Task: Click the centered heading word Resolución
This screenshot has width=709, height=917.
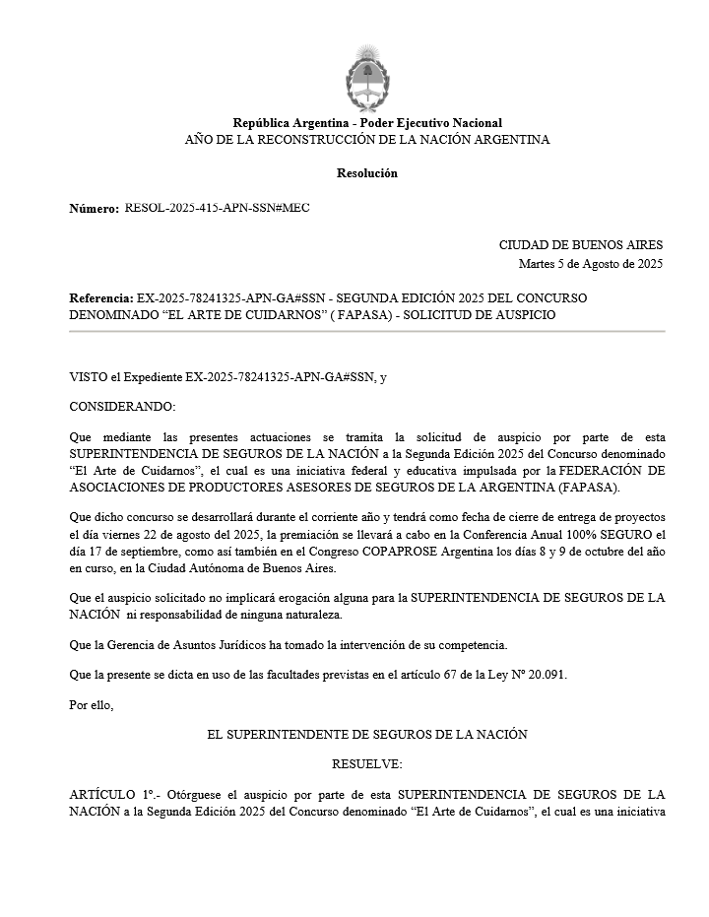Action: click(x=367, y=172)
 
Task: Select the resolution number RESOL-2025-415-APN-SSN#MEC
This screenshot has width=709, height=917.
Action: click(x=217, y=208)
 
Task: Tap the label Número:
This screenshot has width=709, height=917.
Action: click(x=94, y=209)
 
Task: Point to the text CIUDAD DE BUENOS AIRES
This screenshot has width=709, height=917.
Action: click(x=581, y=245)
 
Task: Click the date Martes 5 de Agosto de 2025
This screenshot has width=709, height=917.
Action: click(x=591, y=263)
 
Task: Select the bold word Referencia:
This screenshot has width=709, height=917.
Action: click(x=100, y=297)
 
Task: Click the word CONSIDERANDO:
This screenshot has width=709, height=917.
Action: click(x=122, y=406)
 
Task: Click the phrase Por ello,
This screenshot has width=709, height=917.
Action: click(x=92, y=704)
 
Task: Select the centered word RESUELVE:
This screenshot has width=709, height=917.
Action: click(x=367, y=764)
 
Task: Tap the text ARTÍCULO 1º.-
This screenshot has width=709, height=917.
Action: click(x=115, y=794)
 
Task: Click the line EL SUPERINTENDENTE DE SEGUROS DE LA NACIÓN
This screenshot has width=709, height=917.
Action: click(x=367, y=735)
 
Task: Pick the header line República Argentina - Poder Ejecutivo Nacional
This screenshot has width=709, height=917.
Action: click(x=367, y=123)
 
